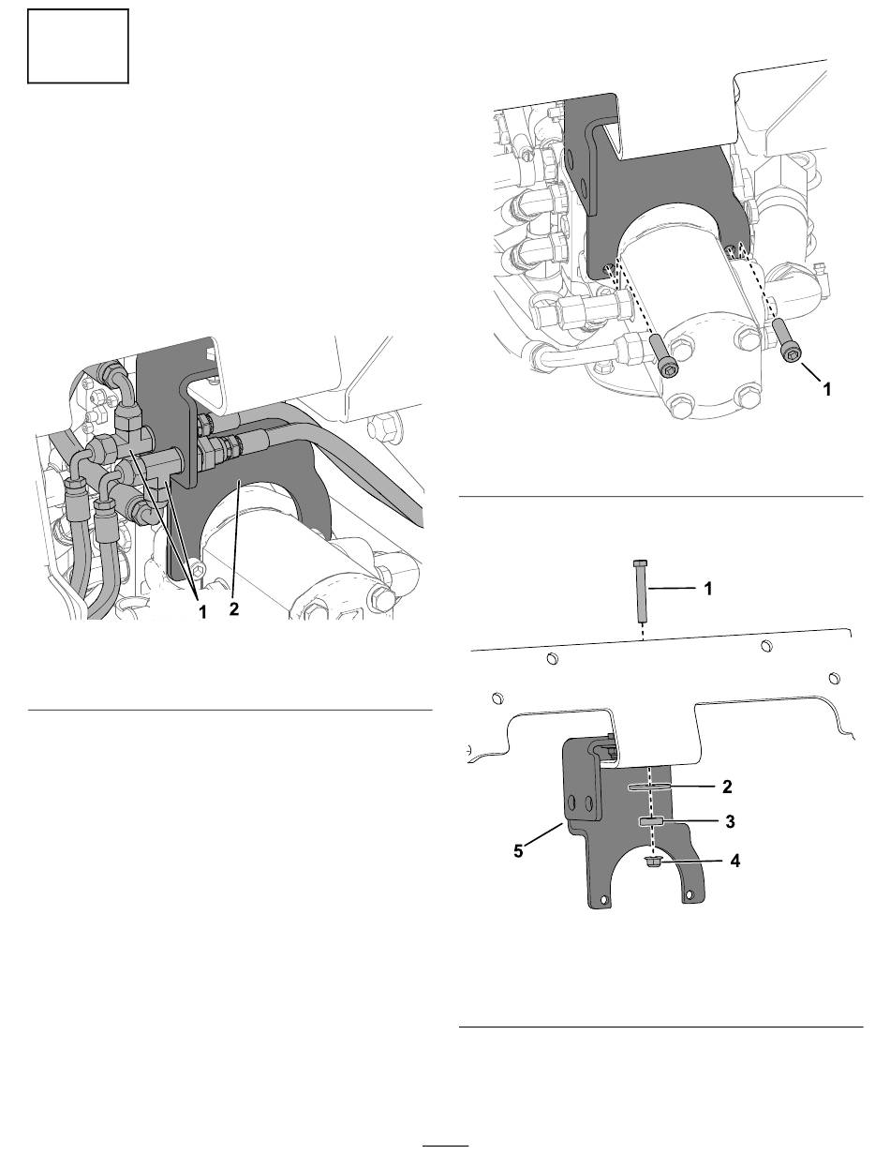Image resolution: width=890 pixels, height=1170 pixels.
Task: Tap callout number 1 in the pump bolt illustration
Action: coord(826,390)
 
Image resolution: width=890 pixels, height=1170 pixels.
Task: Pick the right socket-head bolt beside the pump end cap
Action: coord(786,340)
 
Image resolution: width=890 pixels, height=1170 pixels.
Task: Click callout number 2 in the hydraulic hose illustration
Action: coord(234,609)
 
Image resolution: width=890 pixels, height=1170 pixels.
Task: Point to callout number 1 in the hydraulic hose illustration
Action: coord(202,612)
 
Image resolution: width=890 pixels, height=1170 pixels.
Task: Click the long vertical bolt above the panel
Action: coord(640,591)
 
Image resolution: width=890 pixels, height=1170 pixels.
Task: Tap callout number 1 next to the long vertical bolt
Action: coord(708,589)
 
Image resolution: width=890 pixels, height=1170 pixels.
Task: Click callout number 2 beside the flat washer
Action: coord(727,787)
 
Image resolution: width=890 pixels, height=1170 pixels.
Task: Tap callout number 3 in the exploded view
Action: coord(730,821)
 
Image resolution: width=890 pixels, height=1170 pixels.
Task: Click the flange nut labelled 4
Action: coord(651,862)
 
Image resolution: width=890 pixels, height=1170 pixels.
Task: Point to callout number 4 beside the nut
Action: coord(734,861)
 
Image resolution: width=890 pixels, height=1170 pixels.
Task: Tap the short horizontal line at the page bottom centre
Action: coord(445,1143)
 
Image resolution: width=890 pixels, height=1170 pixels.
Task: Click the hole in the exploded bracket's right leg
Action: coord(690,893)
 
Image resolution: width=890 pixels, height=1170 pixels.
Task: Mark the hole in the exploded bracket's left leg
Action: coord(603,899)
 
